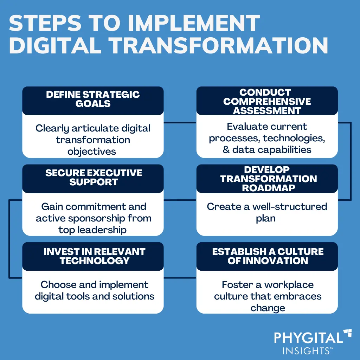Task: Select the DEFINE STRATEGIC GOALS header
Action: tap(93, 99)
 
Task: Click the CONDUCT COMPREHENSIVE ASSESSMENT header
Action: tap(267, 101)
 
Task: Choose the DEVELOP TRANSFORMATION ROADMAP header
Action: tap(267, 179)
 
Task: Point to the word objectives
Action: tap(92, 152)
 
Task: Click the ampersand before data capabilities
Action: tap(226, 149)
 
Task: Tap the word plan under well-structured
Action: tap(265, 218)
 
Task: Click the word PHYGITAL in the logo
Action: tap(308, 338)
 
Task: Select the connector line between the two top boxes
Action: tap(180, 122)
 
